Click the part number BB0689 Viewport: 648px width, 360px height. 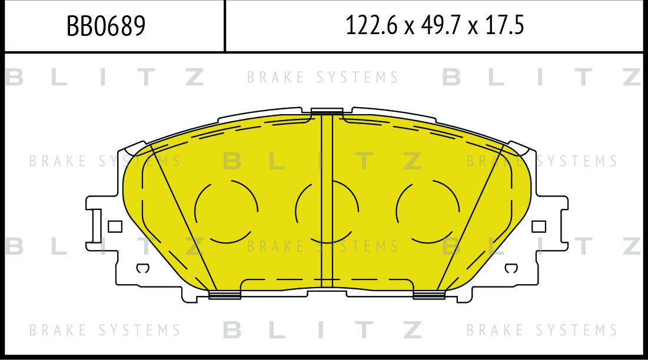tap(106, 26)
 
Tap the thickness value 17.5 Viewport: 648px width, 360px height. tap(504, 26)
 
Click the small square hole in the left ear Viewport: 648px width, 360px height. tap(115, 226)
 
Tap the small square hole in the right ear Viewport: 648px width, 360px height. tap(539, 226)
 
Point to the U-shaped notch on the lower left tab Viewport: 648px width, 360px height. tap(142, 269)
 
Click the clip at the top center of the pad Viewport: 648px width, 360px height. tap(327, 111)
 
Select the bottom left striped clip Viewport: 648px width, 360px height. tap(225, 295)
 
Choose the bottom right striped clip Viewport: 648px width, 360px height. tap(429, 295)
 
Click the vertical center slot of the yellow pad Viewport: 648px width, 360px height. tap(327, 200)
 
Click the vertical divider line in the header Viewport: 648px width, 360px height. tap(225, 26)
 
